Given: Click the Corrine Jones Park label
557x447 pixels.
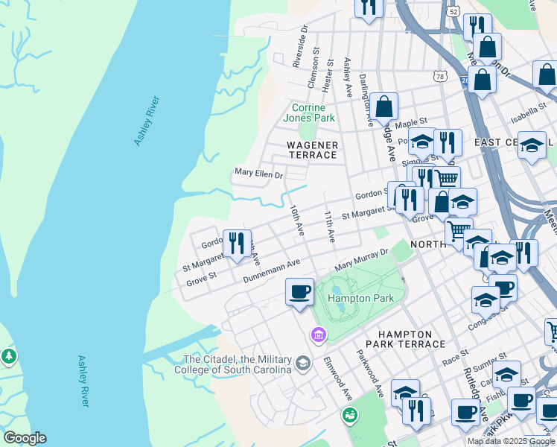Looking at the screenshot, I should pyautogui.click(x=309, y=112).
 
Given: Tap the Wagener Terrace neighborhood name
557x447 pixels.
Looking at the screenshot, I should pyautogui.click(x=313, y=150).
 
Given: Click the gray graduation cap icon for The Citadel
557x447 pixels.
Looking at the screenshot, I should pyautogui.click(x=302, y=364).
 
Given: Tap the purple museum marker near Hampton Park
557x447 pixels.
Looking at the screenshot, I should pyautogui.click(x=319, y=337).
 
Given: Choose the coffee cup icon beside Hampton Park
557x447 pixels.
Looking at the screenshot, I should pyautogui.click(x=299, y=291).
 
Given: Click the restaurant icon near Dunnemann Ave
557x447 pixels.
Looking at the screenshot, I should pyautogui.click(x=237, y=244).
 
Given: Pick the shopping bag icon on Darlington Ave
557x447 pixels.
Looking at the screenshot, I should pyautogui.click(x=384, y=107).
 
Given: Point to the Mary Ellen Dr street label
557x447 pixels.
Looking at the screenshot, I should pyautogui.click(x=258, y=174).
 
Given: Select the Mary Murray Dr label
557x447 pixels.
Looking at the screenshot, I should pyautogui.click(x=362, y=260).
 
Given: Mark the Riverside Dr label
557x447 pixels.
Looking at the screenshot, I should pyautogui.click(x=300, y=49).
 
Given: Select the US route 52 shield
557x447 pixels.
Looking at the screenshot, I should pyautogui.click(x=453, y=11).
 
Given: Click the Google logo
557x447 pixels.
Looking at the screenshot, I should pyautogui.click(x=25, y=438).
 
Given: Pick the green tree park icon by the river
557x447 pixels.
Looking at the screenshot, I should pyautogui.click(x=9, y=357).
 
